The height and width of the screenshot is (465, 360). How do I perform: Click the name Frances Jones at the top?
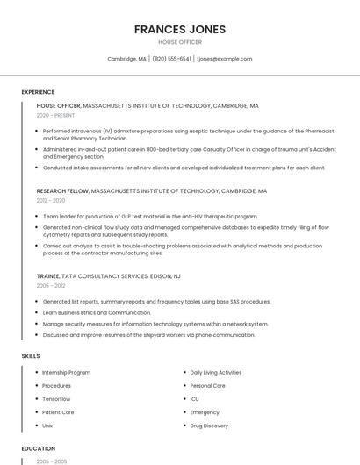coord(179,29)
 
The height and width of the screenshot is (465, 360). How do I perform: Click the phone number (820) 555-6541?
coord(171,59)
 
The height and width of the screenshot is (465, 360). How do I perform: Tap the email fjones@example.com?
coord(224,59)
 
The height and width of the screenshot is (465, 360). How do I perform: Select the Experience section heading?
coord(38,91)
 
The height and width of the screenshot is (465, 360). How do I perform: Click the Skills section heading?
coord(30,355)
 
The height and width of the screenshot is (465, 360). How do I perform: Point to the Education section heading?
coord(38,448)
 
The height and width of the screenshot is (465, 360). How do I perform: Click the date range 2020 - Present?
coord(55,115)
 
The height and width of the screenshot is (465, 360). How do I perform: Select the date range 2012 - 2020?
coord(51,200)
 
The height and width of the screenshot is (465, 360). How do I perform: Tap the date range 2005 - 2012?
coord(51,285)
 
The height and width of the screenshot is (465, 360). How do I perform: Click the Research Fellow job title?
coord(62,190)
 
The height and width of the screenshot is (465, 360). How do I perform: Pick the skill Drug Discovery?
coord(209,426)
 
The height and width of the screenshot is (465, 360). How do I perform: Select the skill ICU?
coord(195,398)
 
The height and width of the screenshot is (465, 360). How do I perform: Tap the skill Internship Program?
coord(67,372)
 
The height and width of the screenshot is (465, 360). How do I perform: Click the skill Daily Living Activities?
coord(215,372)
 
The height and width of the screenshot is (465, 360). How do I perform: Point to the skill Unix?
coord(47,426)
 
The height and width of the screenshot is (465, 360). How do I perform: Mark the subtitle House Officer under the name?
coord(179,42)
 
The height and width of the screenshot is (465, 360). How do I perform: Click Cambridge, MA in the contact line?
coord(126,59)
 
